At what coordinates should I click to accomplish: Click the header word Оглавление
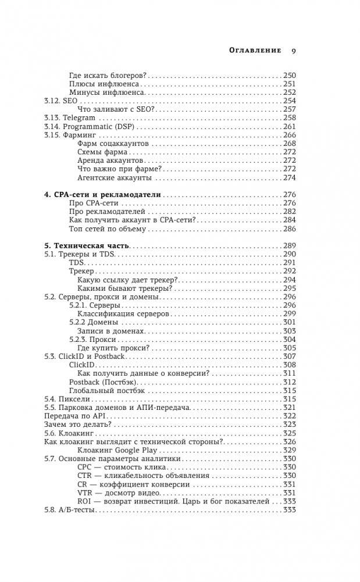(252, 51)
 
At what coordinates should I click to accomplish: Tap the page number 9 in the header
(293, 51)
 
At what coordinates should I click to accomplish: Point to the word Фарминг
(81, 135)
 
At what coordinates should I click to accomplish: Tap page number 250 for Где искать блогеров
(289, 75)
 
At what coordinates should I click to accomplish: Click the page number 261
(289, 126)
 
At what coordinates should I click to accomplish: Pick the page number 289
(289, 245)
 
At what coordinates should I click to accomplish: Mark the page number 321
(289, 408)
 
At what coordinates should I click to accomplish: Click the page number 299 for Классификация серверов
(289, 313)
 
